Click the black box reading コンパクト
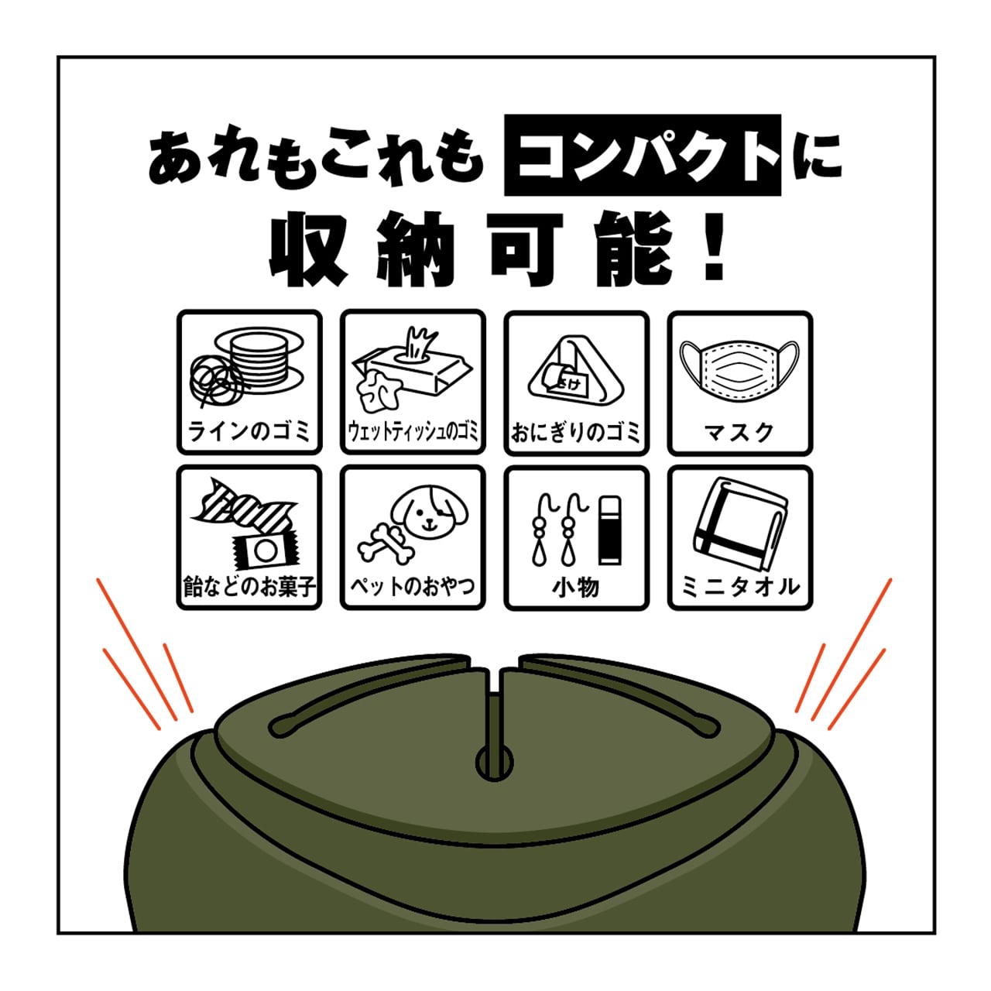(642, 155)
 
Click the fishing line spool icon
(248, 367)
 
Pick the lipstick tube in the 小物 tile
(610, 531)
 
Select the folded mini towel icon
(741, 525)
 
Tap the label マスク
(739, 433)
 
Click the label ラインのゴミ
(249, 431)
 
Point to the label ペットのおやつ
(413, 586)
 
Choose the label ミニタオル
(741, 587)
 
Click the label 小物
(576, 587)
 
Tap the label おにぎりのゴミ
(576, 432)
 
